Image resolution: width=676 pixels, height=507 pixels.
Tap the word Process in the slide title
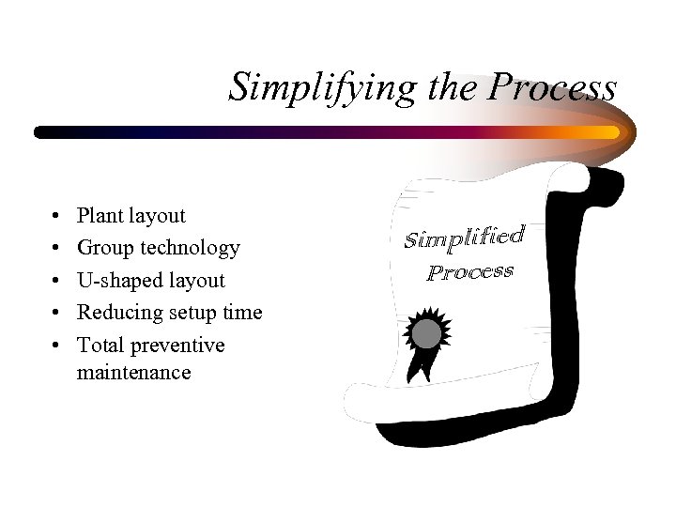coord(552,88)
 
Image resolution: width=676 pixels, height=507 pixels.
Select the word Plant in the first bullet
coord(100,216)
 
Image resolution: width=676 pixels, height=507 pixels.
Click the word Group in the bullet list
coord(105,248)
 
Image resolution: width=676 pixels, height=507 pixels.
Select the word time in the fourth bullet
coord(242,313)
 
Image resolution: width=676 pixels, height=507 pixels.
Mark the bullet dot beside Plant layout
coord(58,217)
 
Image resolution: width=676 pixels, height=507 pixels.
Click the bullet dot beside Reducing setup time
coord(58,314)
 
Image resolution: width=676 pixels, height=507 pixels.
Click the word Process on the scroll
coord(469,272)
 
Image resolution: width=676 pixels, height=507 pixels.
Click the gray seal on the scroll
coord(427,332)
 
